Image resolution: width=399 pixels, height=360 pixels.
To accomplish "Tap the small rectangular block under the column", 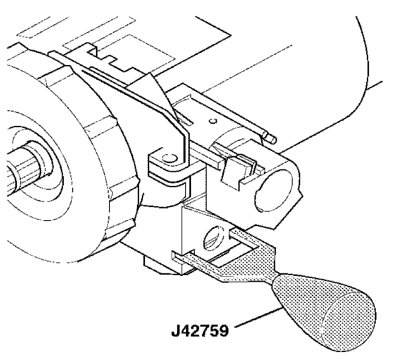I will pyautogui.click(x=161, y=264).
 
